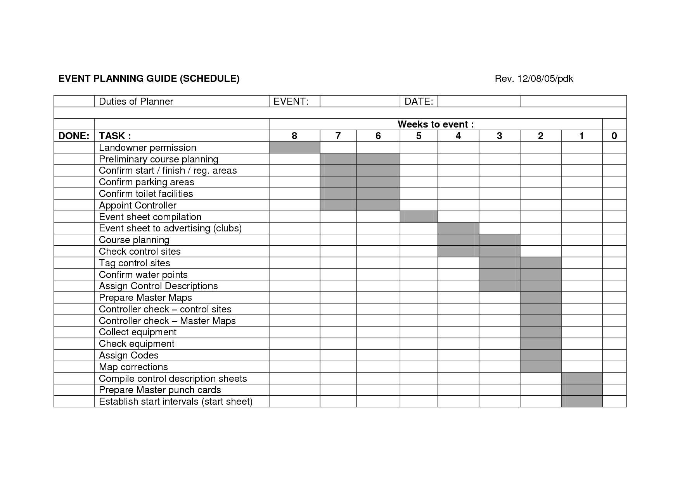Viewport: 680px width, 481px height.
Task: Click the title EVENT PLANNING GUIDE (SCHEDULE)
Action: click(149, 79)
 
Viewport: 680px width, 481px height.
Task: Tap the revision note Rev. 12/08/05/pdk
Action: click(534, 79)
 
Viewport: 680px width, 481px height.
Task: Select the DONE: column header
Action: click(74, 136)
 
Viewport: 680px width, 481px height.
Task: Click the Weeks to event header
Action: click(436, 124)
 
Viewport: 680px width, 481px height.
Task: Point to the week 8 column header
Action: click(294, 136)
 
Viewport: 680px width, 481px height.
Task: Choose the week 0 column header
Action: click(614, 136)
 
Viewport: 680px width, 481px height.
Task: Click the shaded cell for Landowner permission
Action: click(294, 148)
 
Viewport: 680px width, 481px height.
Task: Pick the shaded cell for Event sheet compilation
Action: click(419, 217)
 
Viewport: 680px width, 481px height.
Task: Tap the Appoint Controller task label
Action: click(138, 205)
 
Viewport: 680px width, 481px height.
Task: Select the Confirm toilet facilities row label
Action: click(146, 194)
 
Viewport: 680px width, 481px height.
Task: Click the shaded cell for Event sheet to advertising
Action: click(458, 228)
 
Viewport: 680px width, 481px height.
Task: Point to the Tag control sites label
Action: click(135, 263)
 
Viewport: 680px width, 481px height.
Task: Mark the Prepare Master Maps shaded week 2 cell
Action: click(540, 298)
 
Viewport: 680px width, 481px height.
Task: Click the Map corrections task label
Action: click(133, 367)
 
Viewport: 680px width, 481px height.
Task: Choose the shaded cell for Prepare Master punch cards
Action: click(581, 390)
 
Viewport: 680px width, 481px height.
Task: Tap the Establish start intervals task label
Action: click(176, 402)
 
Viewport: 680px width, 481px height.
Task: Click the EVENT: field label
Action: click(291, 102)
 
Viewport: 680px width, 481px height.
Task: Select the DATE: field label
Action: click(419, 102)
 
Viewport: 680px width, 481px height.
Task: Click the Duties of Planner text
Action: click(136, 102)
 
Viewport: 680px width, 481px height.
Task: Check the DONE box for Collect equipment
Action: click(74, 332)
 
